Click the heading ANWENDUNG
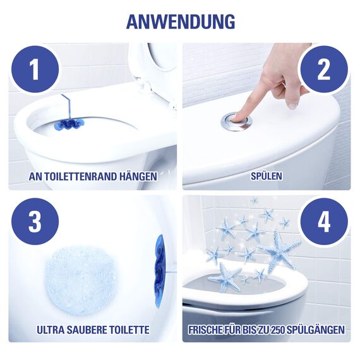click(180, 20)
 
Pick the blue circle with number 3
click(35, 221)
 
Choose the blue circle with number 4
click(323, 221)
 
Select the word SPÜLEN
click(266, 176)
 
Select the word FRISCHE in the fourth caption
click(209, 330)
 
